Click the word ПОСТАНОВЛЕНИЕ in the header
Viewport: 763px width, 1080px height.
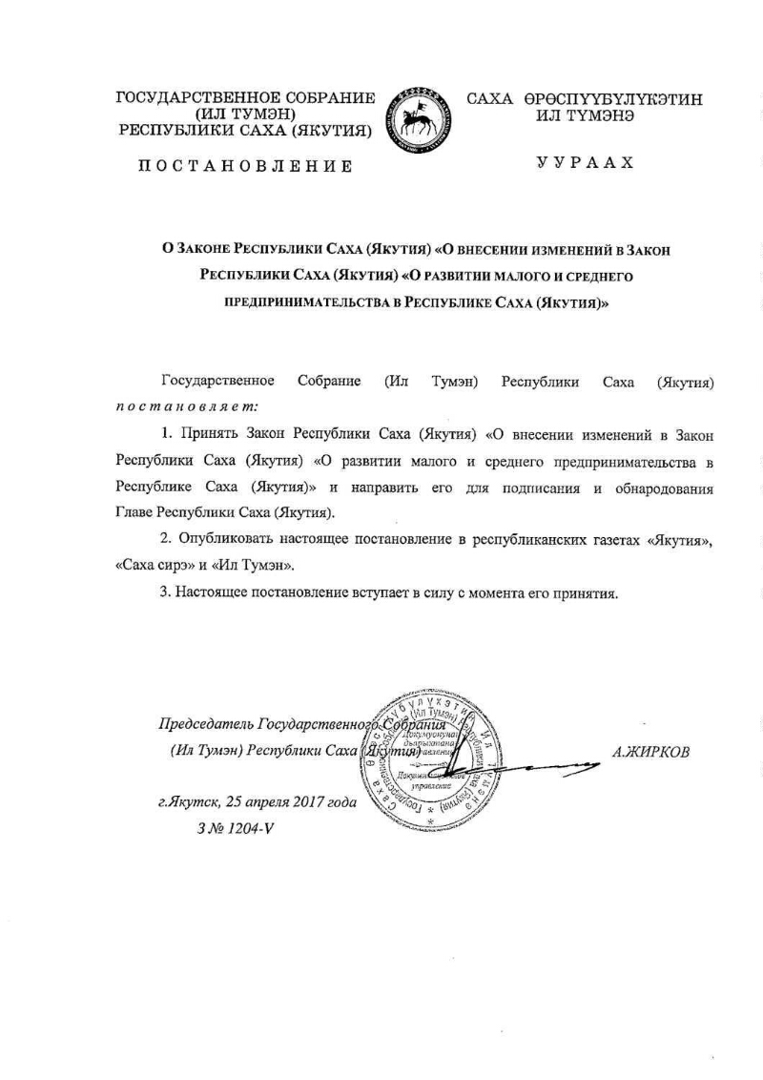point(245,166)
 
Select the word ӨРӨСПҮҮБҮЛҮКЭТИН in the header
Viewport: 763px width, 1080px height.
point(610,99)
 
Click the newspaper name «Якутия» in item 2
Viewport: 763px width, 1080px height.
point(680,540)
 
